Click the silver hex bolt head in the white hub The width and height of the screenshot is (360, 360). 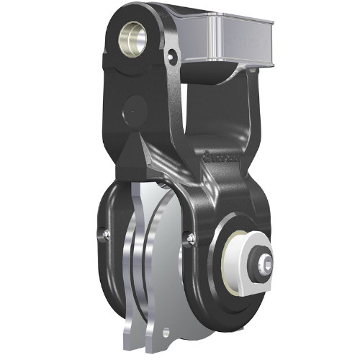point(264,264)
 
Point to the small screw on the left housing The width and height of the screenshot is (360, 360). point(106,232)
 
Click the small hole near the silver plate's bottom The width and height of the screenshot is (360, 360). point(167,332)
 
